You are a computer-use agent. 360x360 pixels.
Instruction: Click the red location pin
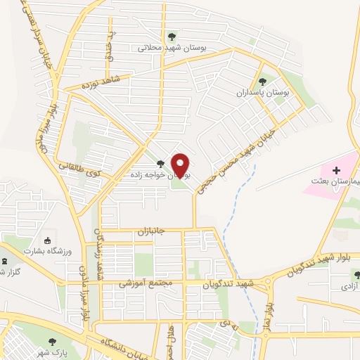(181, 166)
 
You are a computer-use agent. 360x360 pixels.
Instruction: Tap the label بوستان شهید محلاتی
(172, 49)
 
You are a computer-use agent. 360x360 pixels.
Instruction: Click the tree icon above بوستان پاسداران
(263, 82)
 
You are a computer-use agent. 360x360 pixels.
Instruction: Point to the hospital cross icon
(336, 170)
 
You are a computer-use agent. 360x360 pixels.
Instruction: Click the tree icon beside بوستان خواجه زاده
(160, 163)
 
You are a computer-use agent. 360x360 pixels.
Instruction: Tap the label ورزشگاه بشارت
(45, 250)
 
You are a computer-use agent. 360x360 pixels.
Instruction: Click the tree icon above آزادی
(355, 275)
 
